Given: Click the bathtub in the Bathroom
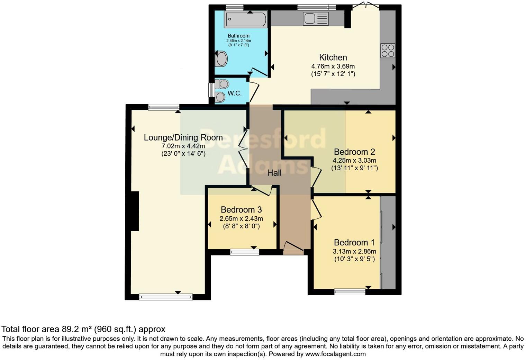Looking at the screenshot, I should click(246, 19).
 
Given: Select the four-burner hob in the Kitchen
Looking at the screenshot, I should click(388, 51).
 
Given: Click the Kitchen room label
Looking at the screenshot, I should click(333, 57).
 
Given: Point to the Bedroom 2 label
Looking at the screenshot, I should click(354, 152).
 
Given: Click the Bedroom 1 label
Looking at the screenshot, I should click(354, 242).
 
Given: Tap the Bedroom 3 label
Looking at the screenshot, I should click(241, 209).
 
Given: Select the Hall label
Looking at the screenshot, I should click(274, 173).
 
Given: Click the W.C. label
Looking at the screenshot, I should click(234, 93).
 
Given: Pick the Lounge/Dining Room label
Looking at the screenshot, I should click(183, 137).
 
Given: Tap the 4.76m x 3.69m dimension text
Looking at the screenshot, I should click(333, 66).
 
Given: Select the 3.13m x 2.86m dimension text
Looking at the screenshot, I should click(354, 251).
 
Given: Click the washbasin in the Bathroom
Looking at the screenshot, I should click(221, 59).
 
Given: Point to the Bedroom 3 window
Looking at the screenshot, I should click(245, 252).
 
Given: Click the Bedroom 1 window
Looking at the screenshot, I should click(350, 292).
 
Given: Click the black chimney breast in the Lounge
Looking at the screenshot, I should click(134, 211).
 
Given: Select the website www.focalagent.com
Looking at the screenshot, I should click(335, 354).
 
